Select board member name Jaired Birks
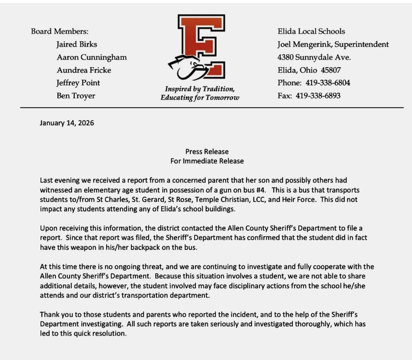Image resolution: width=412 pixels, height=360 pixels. pyautogui.click(x=77, y=44)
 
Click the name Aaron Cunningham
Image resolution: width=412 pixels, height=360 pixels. pyautogui.click(x=92, y=57)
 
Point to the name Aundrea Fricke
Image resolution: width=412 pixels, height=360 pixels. pyautogui.click(x=84, y=70)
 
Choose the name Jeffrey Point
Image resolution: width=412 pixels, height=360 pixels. pyautogui.click(x=78, y=83)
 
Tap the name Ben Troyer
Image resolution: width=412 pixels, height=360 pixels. pyautogui.click(x=76, y=96)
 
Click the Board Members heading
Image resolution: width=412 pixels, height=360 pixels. pyautogui.click(x=60, y=31)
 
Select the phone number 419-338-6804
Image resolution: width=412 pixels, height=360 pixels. pyautogui.click(x=328, y=83)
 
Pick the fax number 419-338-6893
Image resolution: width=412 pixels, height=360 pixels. pyautogui.click(x=318, y=96)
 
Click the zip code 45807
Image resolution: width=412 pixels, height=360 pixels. pyautogui.click(x=331, y=70)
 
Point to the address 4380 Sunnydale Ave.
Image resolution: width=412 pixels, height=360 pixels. pyautogui.click(x=314, y=57)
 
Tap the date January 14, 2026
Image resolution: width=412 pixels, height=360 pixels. pyautogui.click(x=67, y=123)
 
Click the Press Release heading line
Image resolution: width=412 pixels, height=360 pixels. pyautogui.click(x=207, y=152)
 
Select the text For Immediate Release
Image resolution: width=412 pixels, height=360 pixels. pyautogui.click(x=207, y=161)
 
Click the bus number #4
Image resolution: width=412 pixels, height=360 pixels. pyautogui.click(x=260, y=190)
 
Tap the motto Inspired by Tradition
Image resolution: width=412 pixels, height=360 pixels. pyautogui.click(x=200, y=89)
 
